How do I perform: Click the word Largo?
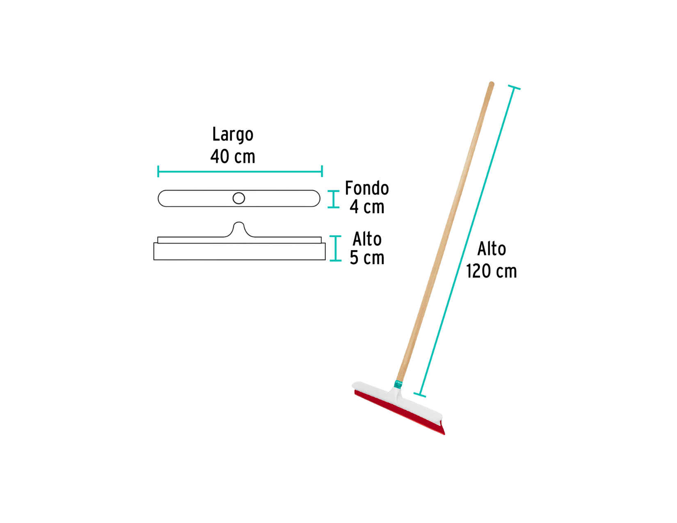tap(233, 135)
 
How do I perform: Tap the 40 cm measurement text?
tap(232, 156)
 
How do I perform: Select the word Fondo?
tap(367, 188)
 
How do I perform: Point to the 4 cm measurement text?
tap(366, 206)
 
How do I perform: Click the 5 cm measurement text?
tap(366, 258)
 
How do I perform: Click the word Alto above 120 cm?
tap(492, 249)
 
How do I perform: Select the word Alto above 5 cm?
tap(367, 239)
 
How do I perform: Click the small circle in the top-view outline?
tap(238, 199)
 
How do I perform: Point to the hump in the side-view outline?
tap(239, 228)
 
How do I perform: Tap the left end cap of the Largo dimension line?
tap(158, 171)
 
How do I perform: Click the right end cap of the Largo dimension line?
tap(322, 171)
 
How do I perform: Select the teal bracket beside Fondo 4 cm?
tap(334, 199)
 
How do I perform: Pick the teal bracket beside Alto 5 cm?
tap(336, 248)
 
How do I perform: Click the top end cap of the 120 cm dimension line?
tap(514, 87)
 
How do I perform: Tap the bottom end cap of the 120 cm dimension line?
tap(420, 395)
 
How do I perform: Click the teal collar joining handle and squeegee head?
tap(398, 384)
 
